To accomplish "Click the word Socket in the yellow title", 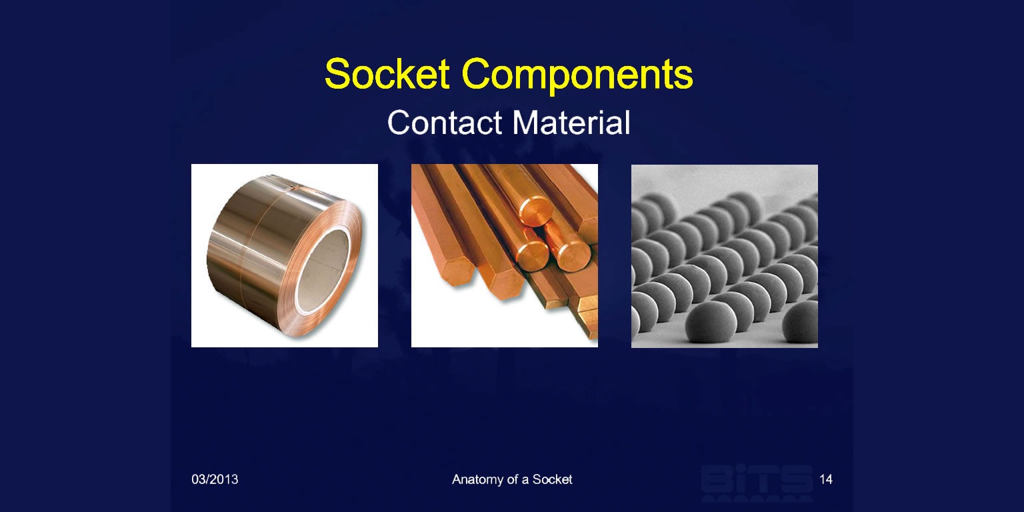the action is click(387, 73).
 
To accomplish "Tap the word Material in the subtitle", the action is click(571, 123).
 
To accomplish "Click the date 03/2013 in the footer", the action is click(215, 479).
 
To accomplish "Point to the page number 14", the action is click(825, 479).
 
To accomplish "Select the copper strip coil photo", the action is click(285, 255).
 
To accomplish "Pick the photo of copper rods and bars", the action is click(505, 255).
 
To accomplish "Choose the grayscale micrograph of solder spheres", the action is click(725, 256).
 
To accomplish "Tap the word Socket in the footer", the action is click(552, 479).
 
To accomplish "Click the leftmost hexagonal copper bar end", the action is click(458, 272).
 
